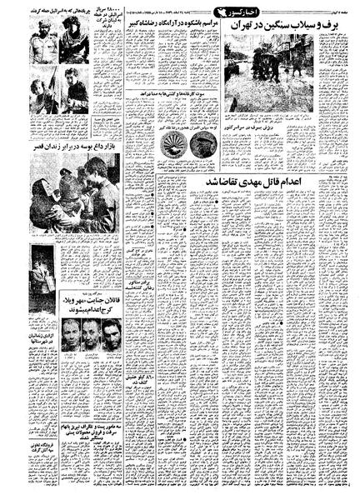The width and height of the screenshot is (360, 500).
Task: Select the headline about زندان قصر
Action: coord(73,145)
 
